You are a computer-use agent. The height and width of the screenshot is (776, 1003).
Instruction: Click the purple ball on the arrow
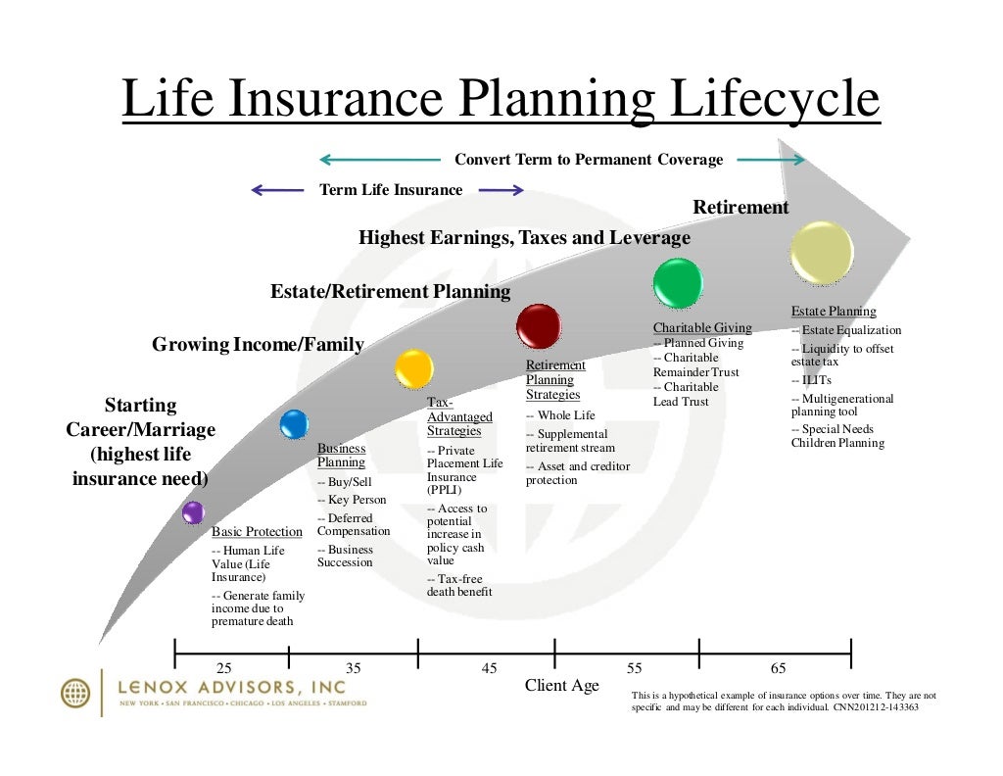tap(193, 511)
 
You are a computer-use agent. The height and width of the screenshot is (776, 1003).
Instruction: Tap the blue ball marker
tap(294, 424)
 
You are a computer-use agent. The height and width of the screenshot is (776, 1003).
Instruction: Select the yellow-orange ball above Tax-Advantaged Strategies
tap(414, 368)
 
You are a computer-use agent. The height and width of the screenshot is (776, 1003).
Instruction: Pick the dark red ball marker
tap(539, 326)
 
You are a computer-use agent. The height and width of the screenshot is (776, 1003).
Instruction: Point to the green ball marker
tap(678, 283)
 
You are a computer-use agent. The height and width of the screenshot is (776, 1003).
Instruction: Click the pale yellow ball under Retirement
tap(822, 253)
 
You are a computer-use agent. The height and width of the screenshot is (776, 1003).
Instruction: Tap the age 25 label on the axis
tap(223, 668)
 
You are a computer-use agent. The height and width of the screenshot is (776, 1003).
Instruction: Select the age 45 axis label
tap(489, 668)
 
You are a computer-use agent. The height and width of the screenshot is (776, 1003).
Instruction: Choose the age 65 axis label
tap(779, 668)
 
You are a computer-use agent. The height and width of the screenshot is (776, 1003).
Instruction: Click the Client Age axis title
tap(561, 686)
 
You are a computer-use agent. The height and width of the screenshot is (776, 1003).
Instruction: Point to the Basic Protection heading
tap(258, 532)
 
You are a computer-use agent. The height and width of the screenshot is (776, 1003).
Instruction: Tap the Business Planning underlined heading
tap(342, 456)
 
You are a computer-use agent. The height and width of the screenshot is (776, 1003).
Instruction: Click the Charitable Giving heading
tap(702, 328)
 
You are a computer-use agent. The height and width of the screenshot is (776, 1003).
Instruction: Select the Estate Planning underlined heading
tap(834, 312)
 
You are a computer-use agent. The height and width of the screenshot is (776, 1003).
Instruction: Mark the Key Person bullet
tap(352, 500)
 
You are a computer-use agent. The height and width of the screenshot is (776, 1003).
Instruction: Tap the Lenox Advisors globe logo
tap(75, 693)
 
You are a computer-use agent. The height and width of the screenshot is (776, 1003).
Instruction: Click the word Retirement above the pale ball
tap(740, 208)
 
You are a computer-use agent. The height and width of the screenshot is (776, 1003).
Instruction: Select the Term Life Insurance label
tap(391, 190)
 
